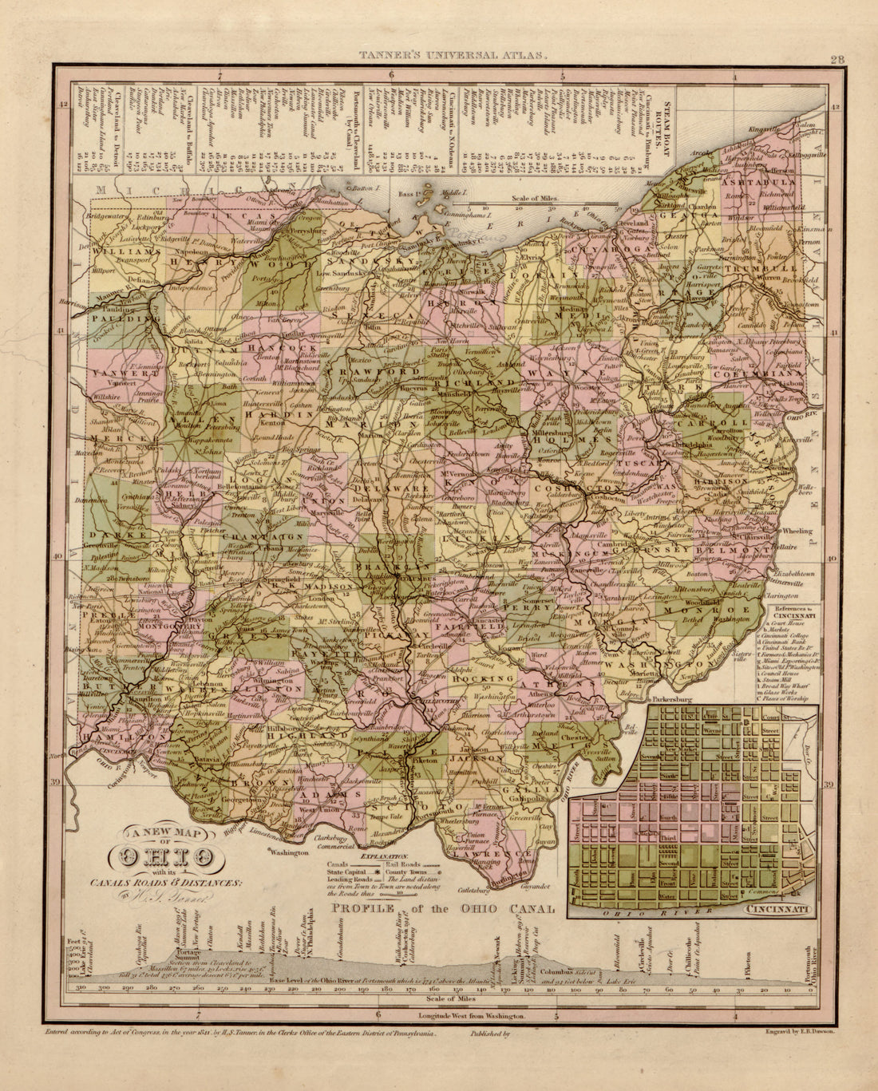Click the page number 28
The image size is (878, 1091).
click(837, 58)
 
